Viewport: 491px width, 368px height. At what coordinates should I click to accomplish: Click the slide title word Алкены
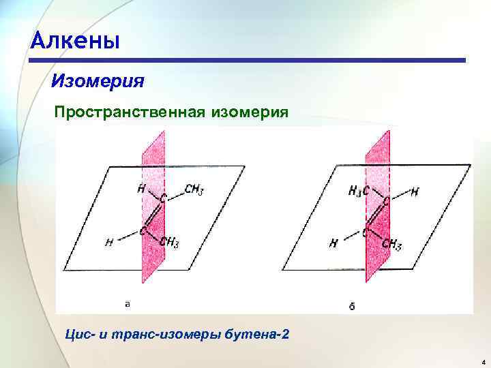pos(75,42)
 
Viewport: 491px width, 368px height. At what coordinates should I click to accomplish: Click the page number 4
pos(481,361)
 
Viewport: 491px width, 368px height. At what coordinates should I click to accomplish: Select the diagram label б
pos(352,306)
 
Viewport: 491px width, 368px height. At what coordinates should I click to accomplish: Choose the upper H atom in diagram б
pos(415,192)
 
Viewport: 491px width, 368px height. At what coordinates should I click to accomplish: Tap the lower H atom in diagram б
pos(333,243)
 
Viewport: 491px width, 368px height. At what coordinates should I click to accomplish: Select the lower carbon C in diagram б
pos(367,233)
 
